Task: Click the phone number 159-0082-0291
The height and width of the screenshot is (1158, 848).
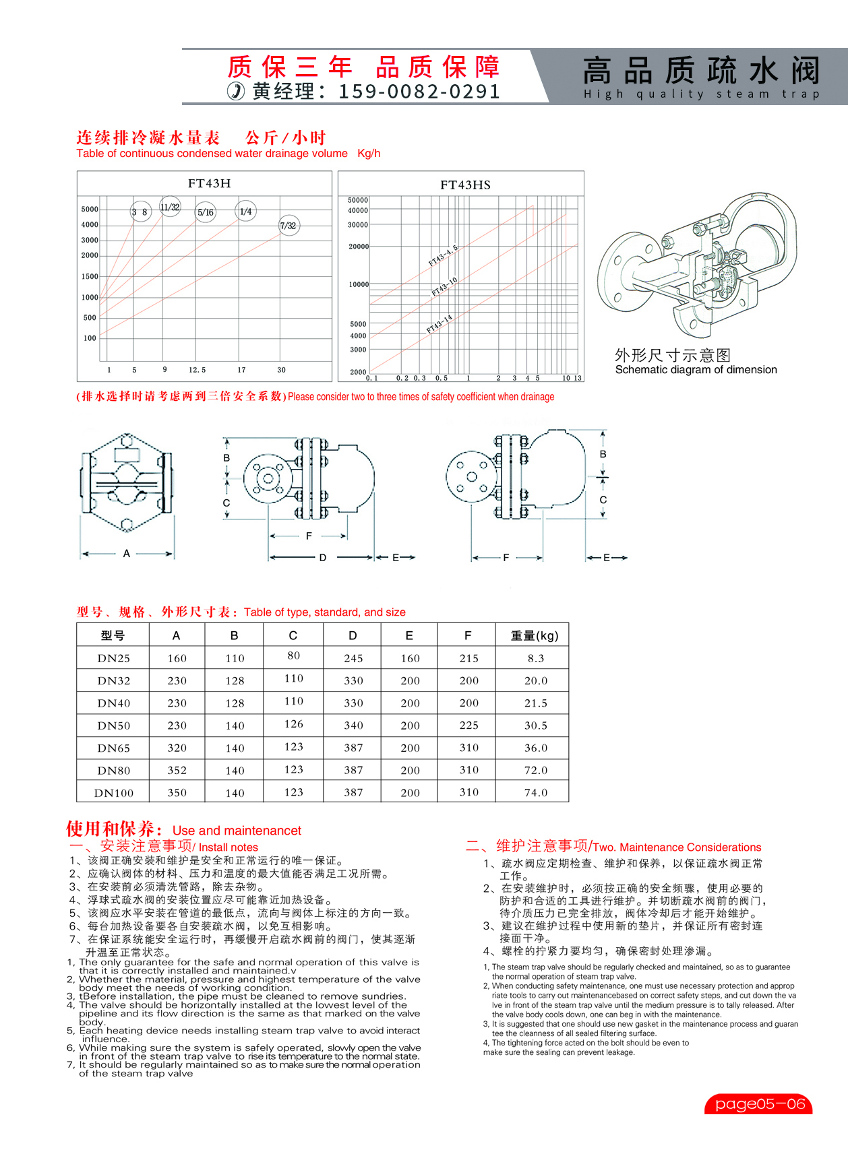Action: [x=419, y=92]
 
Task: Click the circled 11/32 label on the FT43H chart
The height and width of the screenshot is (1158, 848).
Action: [x=170, y=207]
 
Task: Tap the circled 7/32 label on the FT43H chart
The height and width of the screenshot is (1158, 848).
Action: [x=288, y=226]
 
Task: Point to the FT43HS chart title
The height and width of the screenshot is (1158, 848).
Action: [x=465, y=185]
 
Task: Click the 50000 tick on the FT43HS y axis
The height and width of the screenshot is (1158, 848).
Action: [x=358, y=200]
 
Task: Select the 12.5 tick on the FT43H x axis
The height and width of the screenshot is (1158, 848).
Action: [x=197, y=370]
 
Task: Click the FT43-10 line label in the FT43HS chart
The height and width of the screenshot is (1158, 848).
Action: [x=444, y=287]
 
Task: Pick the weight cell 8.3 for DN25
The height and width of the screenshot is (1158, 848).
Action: [x=536, y=658]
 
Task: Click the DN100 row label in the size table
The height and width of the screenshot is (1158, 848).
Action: [x=114, y=793]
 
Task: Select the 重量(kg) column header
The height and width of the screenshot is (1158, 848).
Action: [x=535, y=635]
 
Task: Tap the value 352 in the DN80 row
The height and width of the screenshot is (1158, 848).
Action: [x=177, y=770]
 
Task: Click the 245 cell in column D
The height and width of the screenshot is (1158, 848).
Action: [x=353, y=658]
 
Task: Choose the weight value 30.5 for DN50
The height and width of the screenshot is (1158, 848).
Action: [x=536, y=726]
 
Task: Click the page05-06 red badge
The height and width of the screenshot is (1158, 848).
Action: [x=759, y=1104]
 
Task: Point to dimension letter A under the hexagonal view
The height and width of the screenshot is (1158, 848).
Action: [x=127, y=554]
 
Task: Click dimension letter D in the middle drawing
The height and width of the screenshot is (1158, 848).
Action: [x=323, y=558]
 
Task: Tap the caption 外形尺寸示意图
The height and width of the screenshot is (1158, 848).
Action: [x=672, y=355]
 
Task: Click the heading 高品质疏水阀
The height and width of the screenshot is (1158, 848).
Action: [x=701, y=70]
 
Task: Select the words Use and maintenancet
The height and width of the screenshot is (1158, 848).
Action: [x=237, y=831]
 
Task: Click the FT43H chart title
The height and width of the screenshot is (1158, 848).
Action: [x=209, y=183]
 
